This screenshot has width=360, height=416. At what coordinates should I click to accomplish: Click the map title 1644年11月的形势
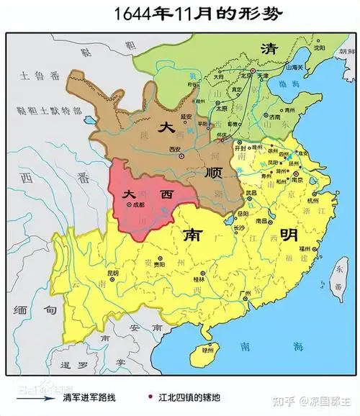coord(180,14)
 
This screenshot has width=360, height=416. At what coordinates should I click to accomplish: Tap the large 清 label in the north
coord(271,48)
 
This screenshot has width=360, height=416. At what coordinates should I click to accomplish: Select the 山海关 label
coord(292,67)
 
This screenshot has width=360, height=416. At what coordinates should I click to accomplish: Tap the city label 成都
coord(139,205)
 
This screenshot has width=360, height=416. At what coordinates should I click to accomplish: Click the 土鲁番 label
coord(35,75)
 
